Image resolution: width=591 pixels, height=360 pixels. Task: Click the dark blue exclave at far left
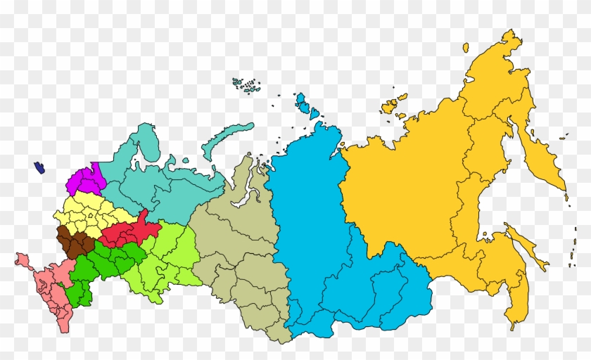coord(39,168)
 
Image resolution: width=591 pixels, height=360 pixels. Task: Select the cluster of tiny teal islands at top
coord(246,86)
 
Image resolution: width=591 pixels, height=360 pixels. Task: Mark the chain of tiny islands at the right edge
coord(568,232)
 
